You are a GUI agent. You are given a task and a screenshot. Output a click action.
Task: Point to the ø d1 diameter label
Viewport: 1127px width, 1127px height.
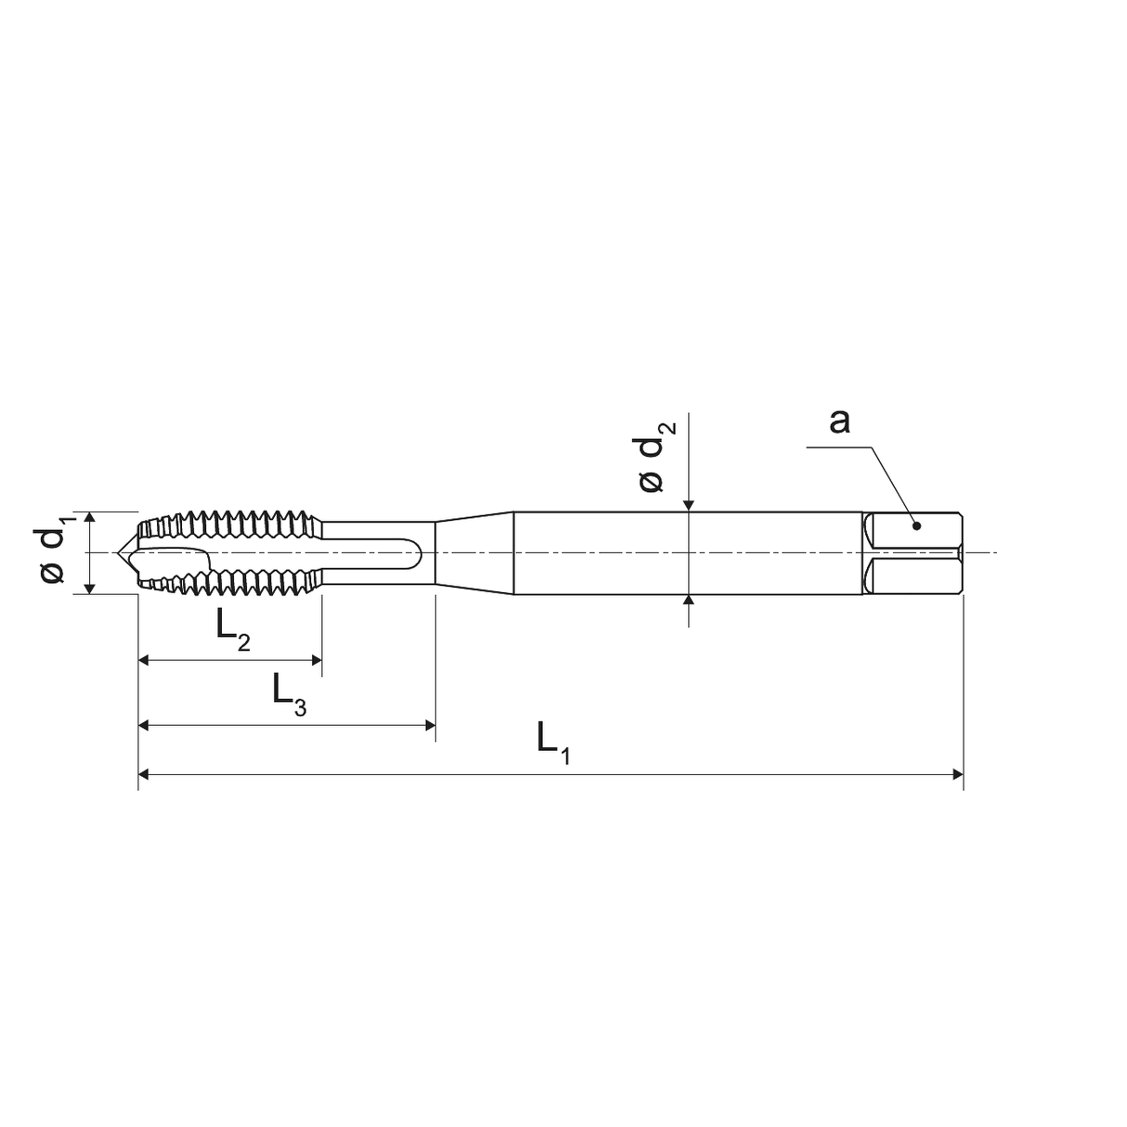(52, 554)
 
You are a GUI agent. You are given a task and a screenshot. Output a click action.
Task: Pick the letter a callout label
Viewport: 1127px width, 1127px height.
(839, 421)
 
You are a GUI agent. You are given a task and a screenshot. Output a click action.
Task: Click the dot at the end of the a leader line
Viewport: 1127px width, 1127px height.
(916, 525)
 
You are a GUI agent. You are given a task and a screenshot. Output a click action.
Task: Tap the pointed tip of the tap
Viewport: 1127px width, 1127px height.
(118, 553)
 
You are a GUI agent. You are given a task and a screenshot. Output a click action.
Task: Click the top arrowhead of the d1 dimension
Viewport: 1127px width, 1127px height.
(90, 517)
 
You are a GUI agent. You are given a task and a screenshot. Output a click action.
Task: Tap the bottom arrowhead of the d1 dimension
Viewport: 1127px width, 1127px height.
(90, 588)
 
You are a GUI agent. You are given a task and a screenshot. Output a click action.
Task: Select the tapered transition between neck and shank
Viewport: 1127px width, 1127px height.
(474, 553)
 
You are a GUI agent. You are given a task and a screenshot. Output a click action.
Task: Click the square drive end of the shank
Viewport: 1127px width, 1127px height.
(914, 553)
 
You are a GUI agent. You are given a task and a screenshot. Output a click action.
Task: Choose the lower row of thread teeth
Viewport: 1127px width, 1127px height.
(232, 584)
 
